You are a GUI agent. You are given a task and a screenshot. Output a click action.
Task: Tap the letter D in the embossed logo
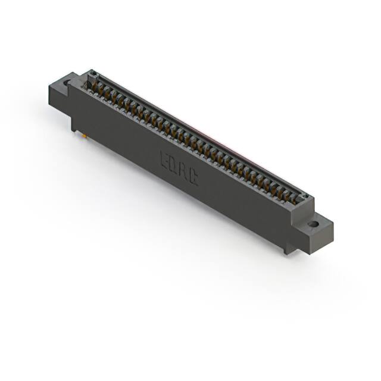click(174, 165)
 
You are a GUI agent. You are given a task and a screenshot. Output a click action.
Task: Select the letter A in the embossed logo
click(183, 171)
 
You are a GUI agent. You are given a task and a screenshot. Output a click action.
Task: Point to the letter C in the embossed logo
click(192, 177)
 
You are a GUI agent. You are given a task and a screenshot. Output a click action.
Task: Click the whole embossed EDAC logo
click(179, 168)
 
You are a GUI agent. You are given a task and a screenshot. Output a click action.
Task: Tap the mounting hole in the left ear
click(67, 83)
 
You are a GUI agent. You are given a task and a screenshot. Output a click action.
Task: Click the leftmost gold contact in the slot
click(93, 86)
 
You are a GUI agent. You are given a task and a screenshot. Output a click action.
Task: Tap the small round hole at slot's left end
click(92, 74)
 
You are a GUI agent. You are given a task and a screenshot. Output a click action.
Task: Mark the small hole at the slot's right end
click(305, 196)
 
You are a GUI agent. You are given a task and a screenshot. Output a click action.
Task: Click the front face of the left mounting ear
click(58, 99)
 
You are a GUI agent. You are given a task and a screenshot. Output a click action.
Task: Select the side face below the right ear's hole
click(321, 238)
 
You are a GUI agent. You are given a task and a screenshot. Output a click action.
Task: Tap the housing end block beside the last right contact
click(302, 205)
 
